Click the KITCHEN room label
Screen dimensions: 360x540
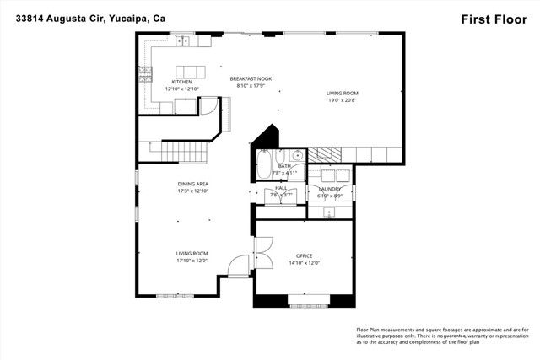click(x=181, y=82)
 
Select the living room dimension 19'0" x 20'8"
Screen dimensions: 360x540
click(x=343, y=100)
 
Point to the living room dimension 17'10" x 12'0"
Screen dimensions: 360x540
click(x=192, y=261)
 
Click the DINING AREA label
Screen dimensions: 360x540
click(x=192, y=184)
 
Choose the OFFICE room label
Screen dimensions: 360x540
click(x=304, y=255)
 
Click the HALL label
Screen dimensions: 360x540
click(x=281, y=188)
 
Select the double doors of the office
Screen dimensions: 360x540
click(x=260, y=251)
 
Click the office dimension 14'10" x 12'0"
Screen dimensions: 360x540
click(x=304, y=262)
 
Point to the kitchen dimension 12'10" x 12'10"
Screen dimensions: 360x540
click(x=181, y=89)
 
